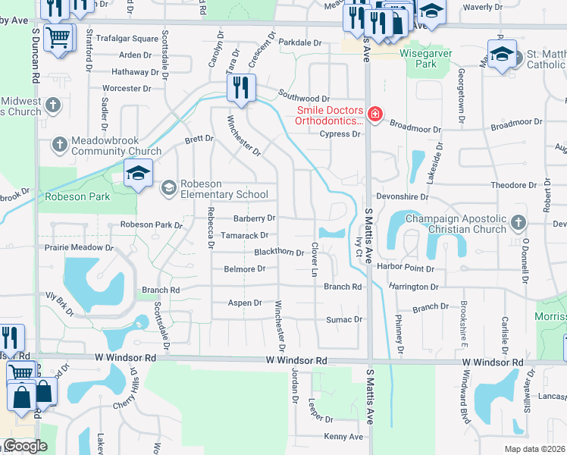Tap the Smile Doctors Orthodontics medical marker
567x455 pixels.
(374, 115)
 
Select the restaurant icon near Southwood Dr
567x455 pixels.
(240, 87)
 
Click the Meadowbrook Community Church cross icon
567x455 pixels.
(60, 144)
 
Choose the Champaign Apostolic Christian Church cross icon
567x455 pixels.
(518, 223)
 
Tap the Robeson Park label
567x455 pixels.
(78, 196)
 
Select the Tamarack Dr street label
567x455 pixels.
(243, 235)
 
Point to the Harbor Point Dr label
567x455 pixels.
(407, 268)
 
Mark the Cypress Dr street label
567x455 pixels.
(340, 134)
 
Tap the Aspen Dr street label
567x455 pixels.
(245, 303)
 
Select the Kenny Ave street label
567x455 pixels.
(343, 437)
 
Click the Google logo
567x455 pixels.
(24, 445)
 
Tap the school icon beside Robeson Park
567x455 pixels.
(138, 174)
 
